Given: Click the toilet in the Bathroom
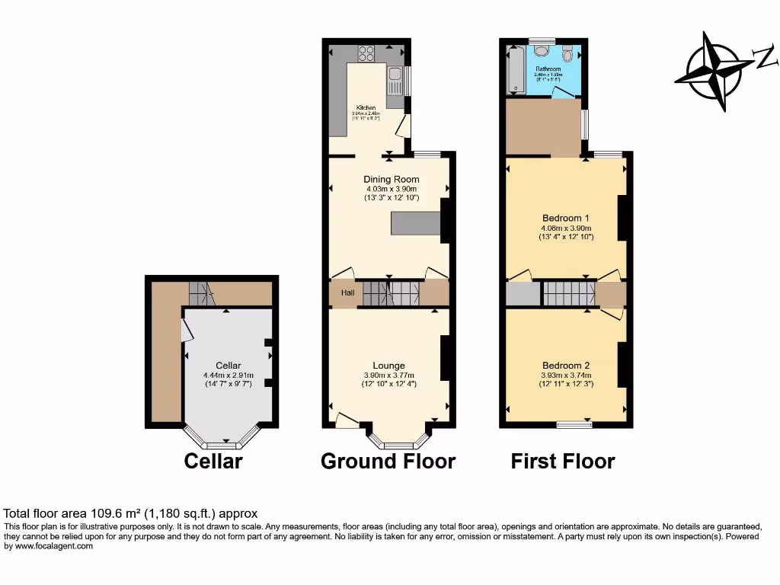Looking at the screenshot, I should (542, 51).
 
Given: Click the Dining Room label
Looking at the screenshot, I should (391, 180).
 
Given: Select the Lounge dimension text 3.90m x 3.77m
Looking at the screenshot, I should (388, 376).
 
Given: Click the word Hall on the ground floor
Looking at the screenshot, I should (347, 293).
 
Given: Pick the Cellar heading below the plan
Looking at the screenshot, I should (213, 462).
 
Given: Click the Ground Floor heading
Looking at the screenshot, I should (388, 462).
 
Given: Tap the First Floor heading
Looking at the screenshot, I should (562, 462).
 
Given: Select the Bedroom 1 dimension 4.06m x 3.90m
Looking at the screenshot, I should (566, 228).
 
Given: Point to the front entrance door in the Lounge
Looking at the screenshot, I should (347, 419).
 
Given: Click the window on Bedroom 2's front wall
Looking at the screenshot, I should (570, 424).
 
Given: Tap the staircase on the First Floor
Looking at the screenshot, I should (568, 292).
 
